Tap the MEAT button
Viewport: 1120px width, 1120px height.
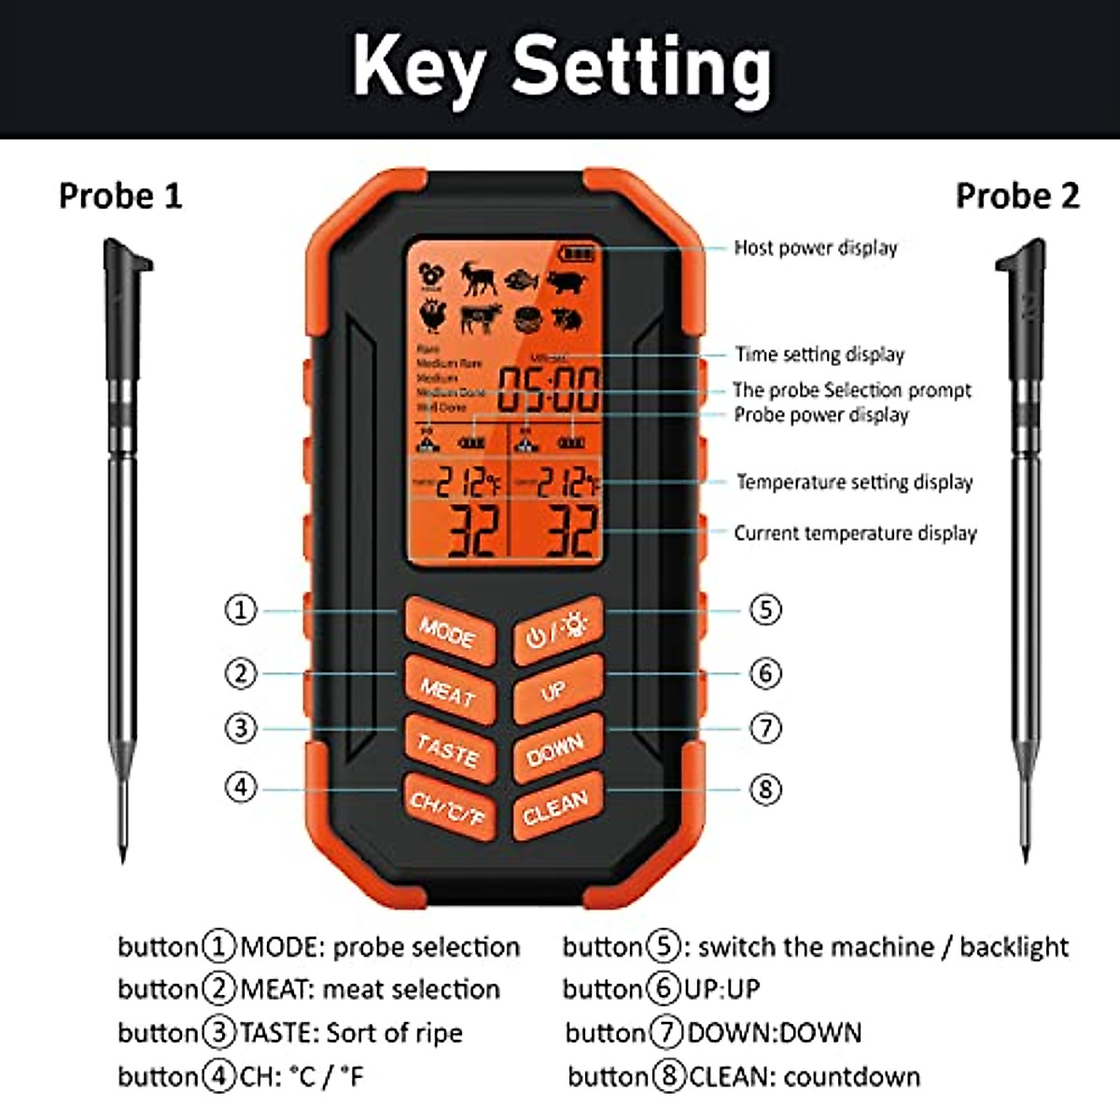[x=448, y=692]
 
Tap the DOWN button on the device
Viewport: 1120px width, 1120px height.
[x=557, y=749]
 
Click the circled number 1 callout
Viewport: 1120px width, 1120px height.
[x=241, y=610]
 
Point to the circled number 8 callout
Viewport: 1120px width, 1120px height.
[x=765, y=790]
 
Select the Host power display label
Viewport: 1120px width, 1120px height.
[x=815, y=248]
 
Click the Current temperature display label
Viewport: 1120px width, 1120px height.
[x=855, y=533]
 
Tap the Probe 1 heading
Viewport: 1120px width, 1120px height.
[x=120, y=196]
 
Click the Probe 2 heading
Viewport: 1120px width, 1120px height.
[x=1017, y=196]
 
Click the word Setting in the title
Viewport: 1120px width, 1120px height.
[x=642, y=67]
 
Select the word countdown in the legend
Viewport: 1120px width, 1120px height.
[x=852, y=1077]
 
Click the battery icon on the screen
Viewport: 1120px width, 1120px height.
[x=578, y=253]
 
